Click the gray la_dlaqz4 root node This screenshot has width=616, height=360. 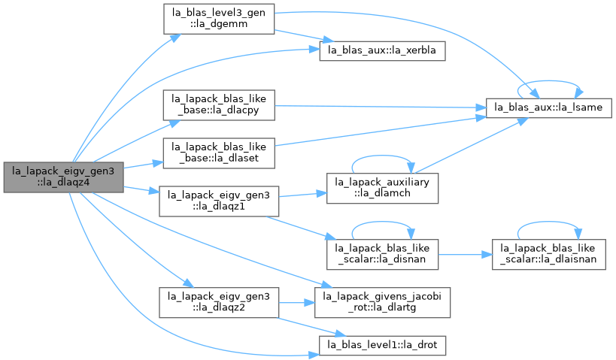pyautogui.click(x=64, y=177)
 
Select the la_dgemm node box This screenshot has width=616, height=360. pyautogui.click(x=219, y=19)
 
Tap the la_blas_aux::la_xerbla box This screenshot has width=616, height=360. pyautogui.click(x=382, y=50)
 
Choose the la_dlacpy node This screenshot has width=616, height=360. pyautogui.click(x=219, y=105)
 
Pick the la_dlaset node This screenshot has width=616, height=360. pyautogui.click(x=219, y=153)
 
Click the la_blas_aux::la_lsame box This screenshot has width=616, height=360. pyautogui.click(x=548, y=108)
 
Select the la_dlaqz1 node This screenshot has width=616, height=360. pyautogui.click(x=219, y=201)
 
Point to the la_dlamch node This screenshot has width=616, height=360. pyautogui.click(x=382, y=188)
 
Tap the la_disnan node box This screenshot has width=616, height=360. pyautogui.click(x=382, y=254)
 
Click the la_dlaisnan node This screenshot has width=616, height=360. pyautogui.click(x=548, y=254)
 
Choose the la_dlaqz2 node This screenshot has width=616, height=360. pyautogui.click(x=219, y=302)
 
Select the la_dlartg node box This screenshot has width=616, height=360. pyautogui.click(x=382, y=302)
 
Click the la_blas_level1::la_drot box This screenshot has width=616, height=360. pyautogui.click(x=382, y=346)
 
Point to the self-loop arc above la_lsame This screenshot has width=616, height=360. pyautogui.click(x=548, y=81)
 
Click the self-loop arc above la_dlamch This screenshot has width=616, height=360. pyautogui.click(x=382, y=156)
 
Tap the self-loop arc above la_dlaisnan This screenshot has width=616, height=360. pyautogui.click(x=548, y=222)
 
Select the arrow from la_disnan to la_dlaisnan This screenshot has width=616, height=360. pyautogui.click(x=465, y=254)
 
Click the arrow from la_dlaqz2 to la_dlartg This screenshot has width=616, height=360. pyautogui.click(x=296, y=302)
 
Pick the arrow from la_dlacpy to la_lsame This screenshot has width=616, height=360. pyautogui.click(x=381, y=107)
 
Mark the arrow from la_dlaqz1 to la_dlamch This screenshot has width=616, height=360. pyautogui.click(x=303, y=195)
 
